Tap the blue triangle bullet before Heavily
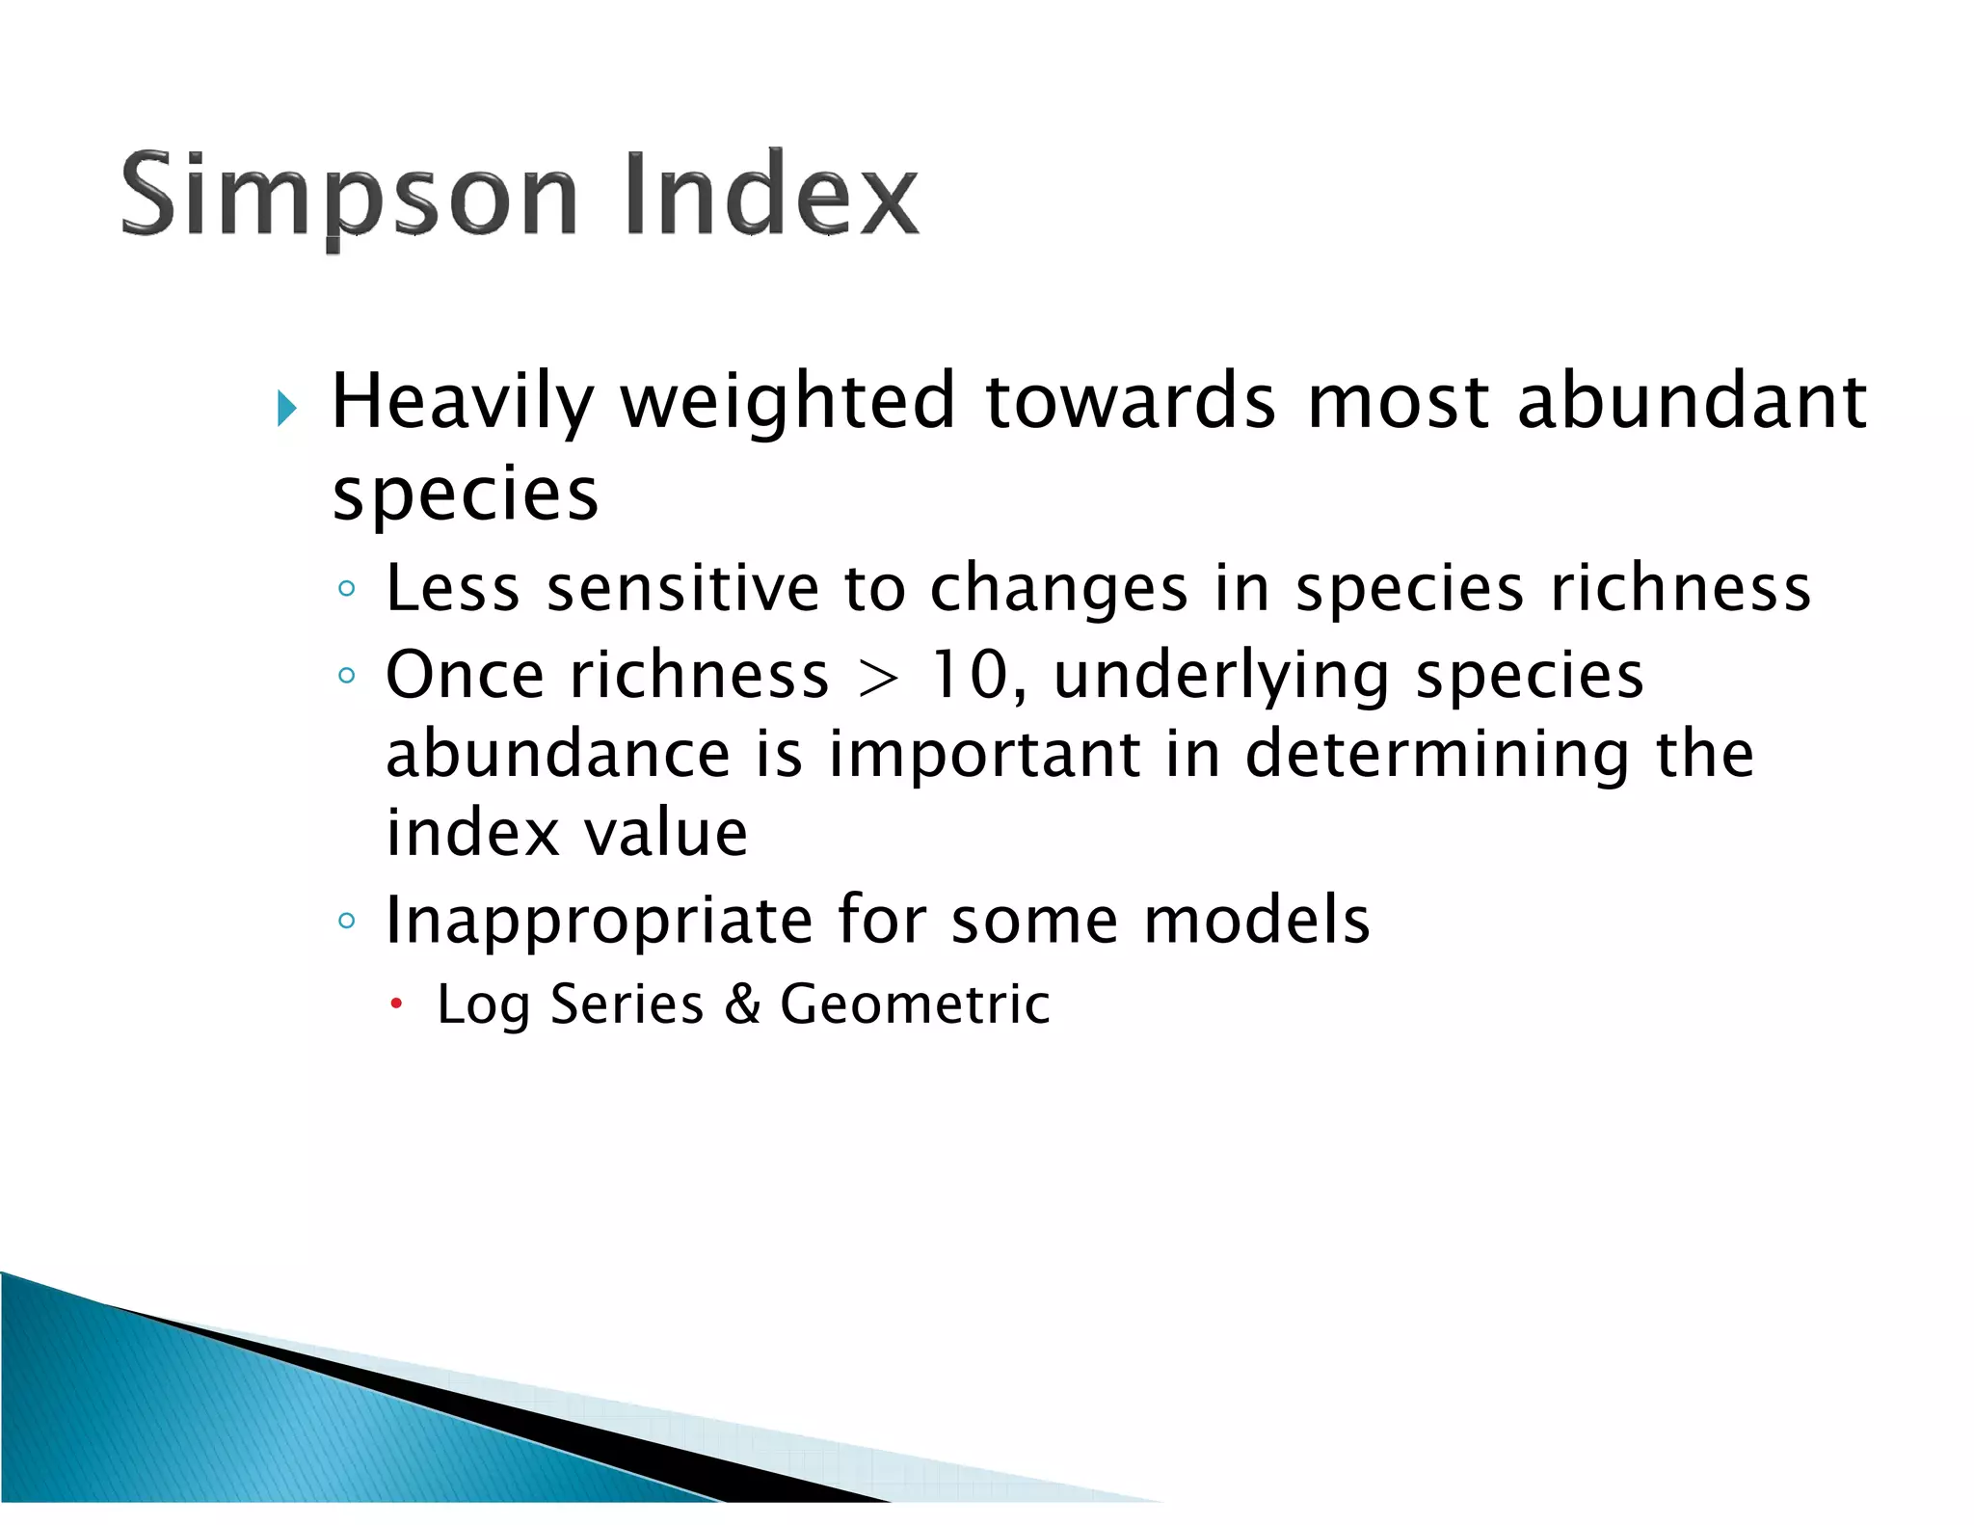click(x=286, y=408)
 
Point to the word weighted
click(x=787, y=403)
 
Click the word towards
click(x=1131, y=403)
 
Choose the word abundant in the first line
click(x=1692, y=403)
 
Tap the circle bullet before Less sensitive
click(x=347, y=589)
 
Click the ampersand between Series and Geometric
click(x=742, y=1004)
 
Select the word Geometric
click(x=914, y=1004)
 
